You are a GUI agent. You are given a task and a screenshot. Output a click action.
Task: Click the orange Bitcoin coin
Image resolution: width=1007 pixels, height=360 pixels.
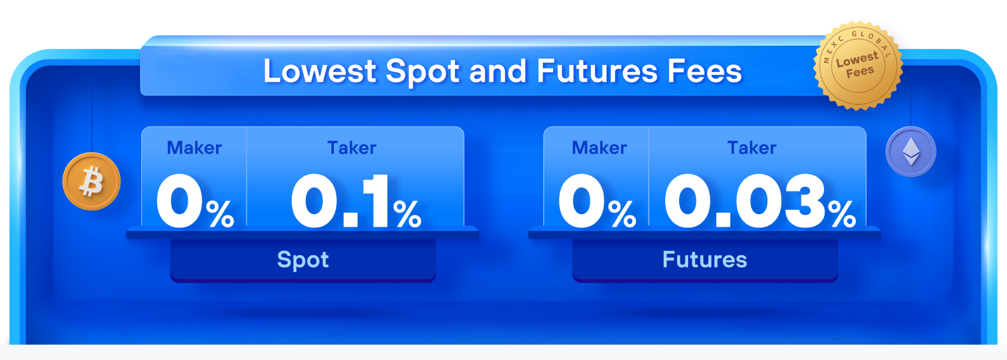[91, 181]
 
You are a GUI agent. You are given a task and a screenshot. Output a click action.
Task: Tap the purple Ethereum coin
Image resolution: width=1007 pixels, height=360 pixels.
[911, 152]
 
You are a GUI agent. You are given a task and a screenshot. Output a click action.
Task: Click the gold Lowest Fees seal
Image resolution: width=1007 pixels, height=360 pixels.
[858, 65]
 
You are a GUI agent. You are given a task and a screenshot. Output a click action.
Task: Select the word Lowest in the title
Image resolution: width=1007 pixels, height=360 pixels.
[320, 71]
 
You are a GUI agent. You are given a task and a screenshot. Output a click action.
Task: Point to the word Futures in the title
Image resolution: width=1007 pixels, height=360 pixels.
[598, 71]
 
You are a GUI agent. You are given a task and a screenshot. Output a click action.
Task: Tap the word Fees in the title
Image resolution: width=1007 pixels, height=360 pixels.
[705, 71]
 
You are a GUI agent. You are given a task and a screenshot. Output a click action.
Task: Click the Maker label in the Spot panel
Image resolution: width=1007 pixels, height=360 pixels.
[194, 148]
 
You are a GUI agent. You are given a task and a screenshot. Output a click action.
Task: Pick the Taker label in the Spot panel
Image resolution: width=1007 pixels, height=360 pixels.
[352, 148]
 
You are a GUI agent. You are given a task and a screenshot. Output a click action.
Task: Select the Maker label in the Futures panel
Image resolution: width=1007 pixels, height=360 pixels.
[599, 148]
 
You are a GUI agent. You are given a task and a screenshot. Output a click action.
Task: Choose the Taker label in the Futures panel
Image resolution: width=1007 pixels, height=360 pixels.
[752, 148]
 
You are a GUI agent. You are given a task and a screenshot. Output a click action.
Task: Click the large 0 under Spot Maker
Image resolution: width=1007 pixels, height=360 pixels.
[179, 201]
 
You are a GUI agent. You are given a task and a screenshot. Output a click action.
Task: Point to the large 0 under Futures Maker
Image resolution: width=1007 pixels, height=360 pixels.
[581, 201]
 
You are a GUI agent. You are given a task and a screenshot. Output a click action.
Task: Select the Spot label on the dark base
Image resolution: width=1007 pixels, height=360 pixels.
[303, 260]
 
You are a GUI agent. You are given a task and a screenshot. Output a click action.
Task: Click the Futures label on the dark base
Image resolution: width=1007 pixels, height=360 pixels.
[704, 259]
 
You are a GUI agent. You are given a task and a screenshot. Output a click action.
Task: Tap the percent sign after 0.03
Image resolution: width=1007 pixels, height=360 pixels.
[842, 213]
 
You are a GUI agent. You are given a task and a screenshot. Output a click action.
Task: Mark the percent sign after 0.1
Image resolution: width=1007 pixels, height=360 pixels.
[407, 213]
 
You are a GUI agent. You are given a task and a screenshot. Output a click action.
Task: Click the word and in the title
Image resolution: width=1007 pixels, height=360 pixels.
[498, 71]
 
